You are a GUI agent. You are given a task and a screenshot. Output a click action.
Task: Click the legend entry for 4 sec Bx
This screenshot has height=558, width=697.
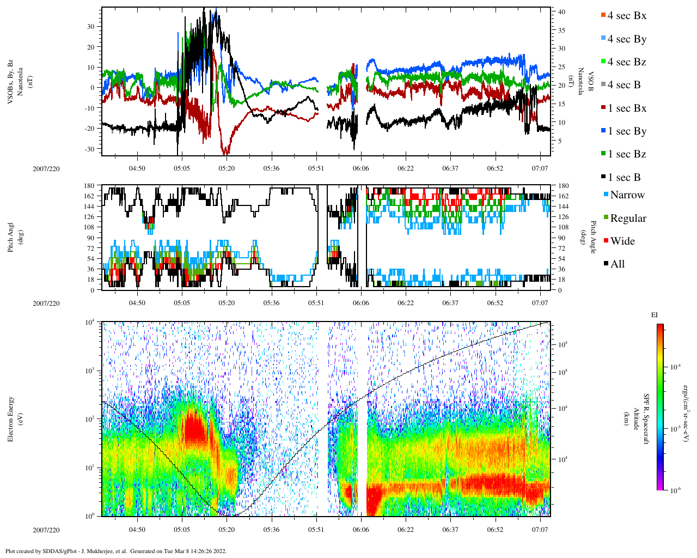626,16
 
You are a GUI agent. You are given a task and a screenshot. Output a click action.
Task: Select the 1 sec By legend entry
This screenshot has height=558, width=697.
626,131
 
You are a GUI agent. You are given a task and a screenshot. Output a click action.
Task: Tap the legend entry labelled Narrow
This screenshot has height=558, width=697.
627,195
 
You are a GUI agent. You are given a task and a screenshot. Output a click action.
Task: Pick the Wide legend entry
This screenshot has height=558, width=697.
622,241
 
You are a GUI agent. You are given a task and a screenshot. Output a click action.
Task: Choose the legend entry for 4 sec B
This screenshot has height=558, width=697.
623,85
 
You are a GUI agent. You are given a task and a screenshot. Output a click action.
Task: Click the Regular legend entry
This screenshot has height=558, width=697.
628,219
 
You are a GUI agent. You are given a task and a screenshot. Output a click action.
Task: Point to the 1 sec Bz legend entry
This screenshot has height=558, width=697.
626,154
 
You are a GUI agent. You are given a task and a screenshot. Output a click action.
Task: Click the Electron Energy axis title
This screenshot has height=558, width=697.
11,418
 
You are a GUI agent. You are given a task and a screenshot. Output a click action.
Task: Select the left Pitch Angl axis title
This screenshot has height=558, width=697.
11,237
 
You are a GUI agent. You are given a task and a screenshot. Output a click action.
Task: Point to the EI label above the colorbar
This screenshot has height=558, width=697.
655,315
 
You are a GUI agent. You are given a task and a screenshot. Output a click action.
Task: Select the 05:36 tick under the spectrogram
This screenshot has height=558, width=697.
271,529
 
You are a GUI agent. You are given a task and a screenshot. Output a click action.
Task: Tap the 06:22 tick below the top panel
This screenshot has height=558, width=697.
405,168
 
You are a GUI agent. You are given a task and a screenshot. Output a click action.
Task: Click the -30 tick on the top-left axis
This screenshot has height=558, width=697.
89,149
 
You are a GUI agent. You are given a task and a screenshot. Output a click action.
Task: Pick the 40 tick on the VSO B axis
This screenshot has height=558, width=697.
561,11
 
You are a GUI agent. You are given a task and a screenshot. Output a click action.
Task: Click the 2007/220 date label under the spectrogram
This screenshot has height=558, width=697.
46,530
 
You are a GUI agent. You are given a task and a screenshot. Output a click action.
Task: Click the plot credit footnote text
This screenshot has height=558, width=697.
115,551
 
